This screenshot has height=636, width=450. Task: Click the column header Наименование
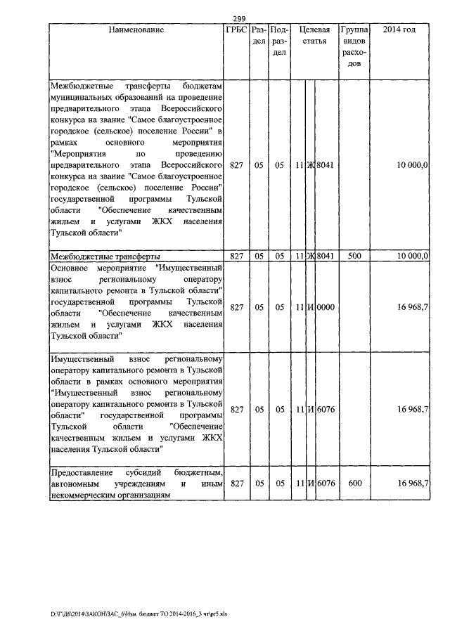(136, 30)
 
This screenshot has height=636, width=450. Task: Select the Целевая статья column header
(314, 36)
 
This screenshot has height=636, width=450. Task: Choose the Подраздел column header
(279, 41)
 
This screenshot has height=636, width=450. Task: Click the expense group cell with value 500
(354, 256)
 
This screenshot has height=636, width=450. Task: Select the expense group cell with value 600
(354, 484)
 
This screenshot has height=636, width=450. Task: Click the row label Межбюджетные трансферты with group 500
(105, 256)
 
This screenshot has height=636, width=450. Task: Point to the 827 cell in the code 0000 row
(236, 307)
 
